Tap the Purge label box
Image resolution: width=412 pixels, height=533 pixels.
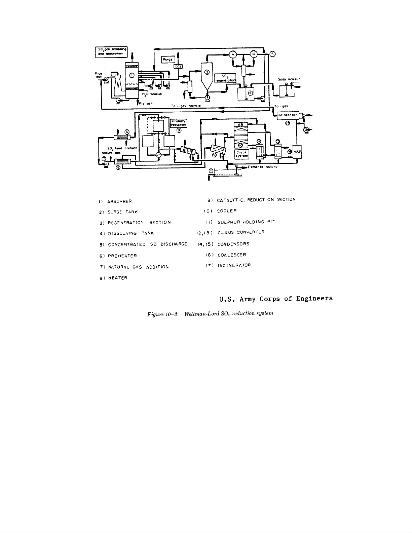click(x=168, y=59)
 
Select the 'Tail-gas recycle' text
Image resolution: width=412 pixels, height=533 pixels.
click(x=186, y=105)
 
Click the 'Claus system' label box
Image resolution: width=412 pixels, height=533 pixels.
click(x=241, y=154)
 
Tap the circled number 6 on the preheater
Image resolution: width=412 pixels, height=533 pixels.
click(x=127, y=132)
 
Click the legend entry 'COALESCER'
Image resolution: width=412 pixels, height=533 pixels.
click(x=232, y=255)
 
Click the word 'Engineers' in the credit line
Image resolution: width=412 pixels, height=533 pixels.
click(x=313, y=298)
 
